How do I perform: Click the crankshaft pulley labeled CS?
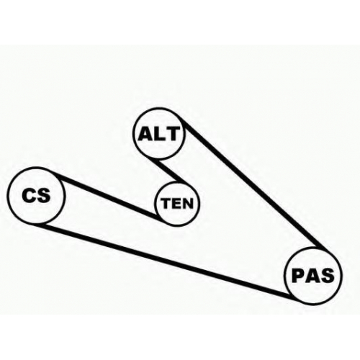tap(36, 196)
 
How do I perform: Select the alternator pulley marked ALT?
tap(159, 133)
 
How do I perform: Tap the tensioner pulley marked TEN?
tap(177, 204)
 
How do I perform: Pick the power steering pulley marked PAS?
tap(312, 276)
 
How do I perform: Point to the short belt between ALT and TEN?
tap(171, 171)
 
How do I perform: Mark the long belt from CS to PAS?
tap(166, 260)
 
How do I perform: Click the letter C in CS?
tap(29, 196)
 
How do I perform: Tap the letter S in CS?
tap(44, 196)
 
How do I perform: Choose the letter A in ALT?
tap(145, 134)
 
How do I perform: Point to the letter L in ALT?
tap(160, 134)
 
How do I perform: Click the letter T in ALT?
tap(173, 134)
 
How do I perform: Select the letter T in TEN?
tap(166, 203)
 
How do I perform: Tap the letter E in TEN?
tap(177, 203)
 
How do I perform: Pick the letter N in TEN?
tap(188, 203)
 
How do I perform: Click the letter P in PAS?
tap(298, 276)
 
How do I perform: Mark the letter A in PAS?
tap(312, 276)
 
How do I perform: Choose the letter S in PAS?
tap(327, 276)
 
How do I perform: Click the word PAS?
tap(313, 276)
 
